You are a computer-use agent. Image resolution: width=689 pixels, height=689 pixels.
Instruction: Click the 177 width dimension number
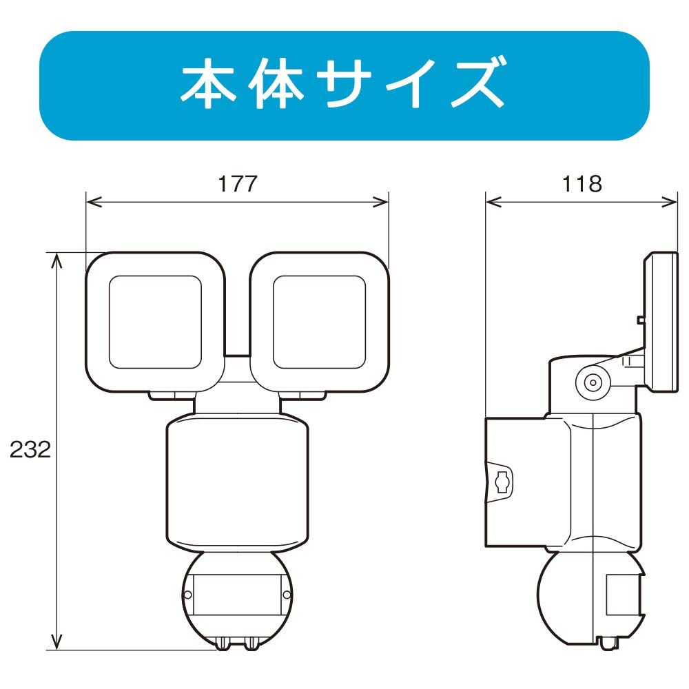tap(237, 184)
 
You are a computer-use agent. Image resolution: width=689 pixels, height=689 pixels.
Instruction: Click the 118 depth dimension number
tap(582, 184)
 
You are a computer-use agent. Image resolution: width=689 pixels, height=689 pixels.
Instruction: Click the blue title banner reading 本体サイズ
tap(344, 85)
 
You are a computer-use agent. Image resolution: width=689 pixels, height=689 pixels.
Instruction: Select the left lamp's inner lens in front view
tap(155, 322)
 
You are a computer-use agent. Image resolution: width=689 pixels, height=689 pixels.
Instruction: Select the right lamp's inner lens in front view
tap(319, 322)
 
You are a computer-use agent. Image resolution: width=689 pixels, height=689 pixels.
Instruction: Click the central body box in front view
tap(237, 484)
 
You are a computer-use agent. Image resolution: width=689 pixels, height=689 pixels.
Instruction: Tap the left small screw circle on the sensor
tap(187, 595)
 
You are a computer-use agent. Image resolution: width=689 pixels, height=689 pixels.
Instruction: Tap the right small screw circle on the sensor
tap(287, 595)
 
